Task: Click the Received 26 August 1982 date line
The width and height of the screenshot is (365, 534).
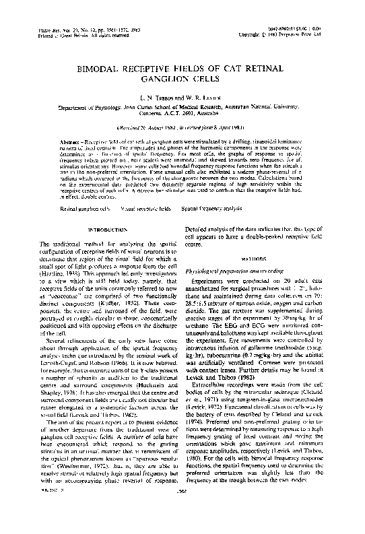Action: click(x=181, y=127)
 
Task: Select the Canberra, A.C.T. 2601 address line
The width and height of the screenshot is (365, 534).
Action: click(x=182, y=112)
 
